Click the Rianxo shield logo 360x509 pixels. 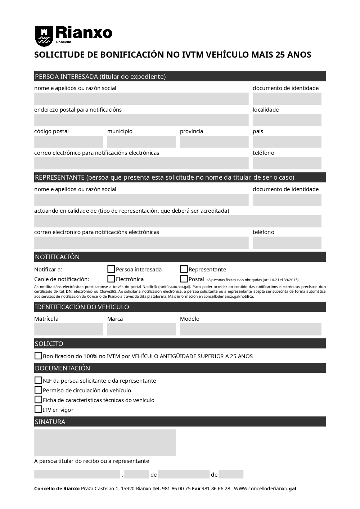pos(44,36)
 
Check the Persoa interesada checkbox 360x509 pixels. pos(111,269)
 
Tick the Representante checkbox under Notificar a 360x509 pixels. pos(184,269)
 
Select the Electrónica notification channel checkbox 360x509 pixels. pos(111,279)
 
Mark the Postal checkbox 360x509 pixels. pos(184,279)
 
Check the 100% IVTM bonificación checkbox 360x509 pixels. pos(38,356)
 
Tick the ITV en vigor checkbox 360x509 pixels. pos(38,409)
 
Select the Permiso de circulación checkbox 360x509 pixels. pos(38,390)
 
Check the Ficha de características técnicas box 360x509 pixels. pos(38,400)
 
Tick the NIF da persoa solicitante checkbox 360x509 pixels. pos(38,380)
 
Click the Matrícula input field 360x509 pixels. pos(68,329)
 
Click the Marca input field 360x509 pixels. pos(141,329)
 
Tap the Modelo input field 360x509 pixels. pos(251,329)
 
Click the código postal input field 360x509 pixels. pos(68,142)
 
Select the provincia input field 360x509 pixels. pos(214,142)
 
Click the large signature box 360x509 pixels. pos(105,442)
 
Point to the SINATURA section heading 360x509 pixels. pos(50,422)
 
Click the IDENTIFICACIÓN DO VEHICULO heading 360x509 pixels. pos(82,307)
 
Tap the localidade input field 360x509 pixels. pos(287,120)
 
